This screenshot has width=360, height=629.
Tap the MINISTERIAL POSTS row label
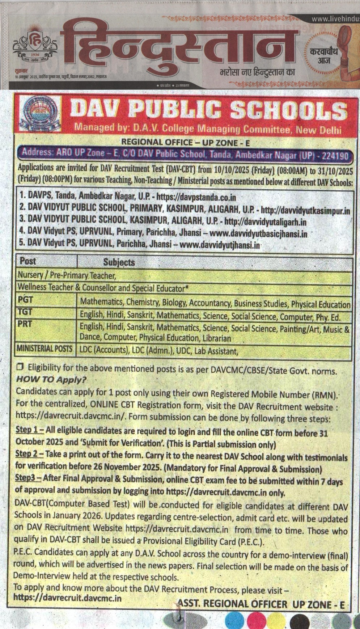45,349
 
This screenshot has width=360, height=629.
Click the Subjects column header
119,262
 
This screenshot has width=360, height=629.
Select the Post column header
28,261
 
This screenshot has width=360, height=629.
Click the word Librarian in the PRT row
217,338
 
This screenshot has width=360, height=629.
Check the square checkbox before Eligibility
20,367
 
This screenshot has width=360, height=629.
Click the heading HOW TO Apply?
51,380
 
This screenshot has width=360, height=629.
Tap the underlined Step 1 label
29,430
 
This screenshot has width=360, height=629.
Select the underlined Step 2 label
29,454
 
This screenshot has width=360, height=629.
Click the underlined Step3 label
28,478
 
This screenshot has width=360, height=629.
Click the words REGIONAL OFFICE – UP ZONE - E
185,142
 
